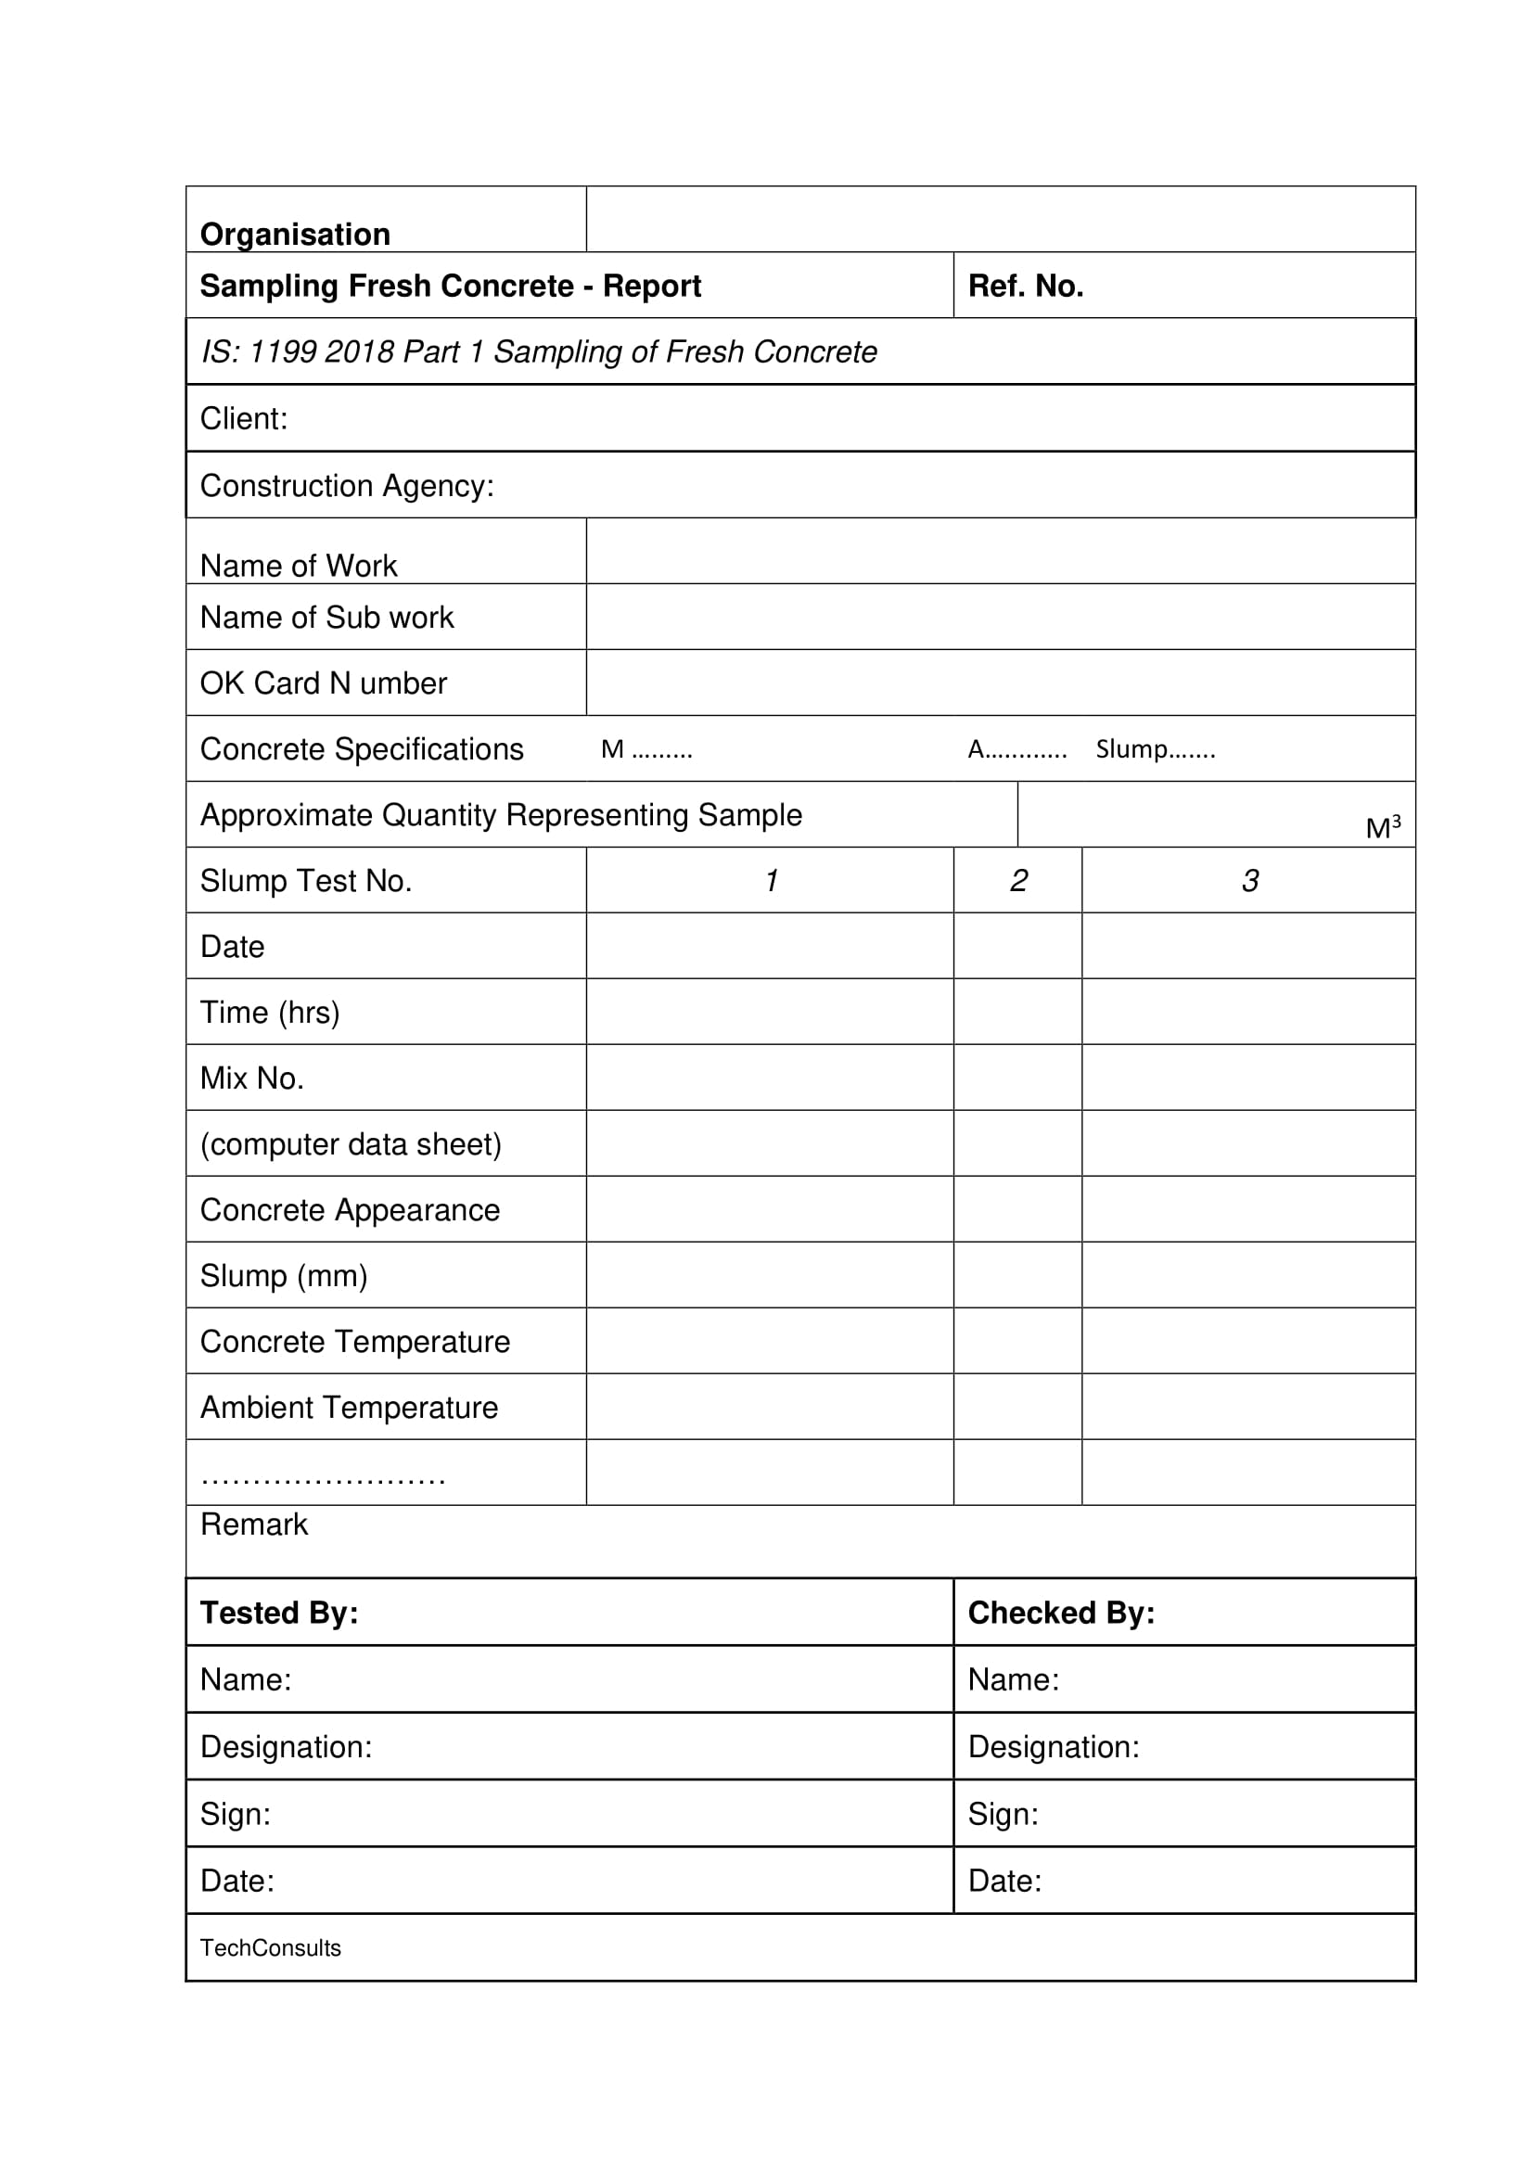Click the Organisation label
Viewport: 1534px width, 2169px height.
pos(295,235)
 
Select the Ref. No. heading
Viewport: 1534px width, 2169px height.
pos(1025,286)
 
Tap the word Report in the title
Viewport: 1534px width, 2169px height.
pos(652,286)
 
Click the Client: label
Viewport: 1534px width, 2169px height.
pos(244,418)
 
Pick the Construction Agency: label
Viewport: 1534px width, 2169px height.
pos(347,486)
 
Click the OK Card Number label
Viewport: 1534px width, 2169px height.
pos(323,683)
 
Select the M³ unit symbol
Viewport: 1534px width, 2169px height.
pos(1383,827)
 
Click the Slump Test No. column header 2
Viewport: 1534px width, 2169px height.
pos(1018,880)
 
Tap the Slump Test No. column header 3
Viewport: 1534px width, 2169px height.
pos(1249,880)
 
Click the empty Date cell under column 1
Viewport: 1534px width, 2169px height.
pos(770,946)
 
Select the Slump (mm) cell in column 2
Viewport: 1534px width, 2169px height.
pos(1018,1275)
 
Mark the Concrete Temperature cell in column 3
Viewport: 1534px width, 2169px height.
pos(1248,1342)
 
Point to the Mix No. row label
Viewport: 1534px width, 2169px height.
pos(252,1078)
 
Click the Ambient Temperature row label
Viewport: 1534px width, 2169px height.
pos(349,1408)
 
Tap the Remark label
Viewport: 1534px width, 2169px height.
pos(254,1525)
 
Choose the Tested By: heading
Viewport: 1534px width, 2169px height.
pos(278,1613)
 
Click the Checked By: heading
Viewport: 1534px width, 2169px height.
pos(1061,1613)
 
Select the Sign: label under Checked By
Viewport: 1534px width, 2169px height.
pos(1003,1814)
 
